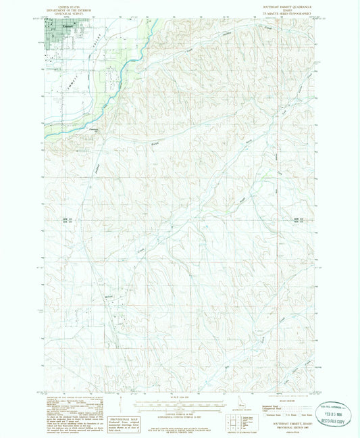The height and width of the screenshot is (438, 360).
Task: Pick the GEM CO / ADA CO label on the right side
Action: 300,220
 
